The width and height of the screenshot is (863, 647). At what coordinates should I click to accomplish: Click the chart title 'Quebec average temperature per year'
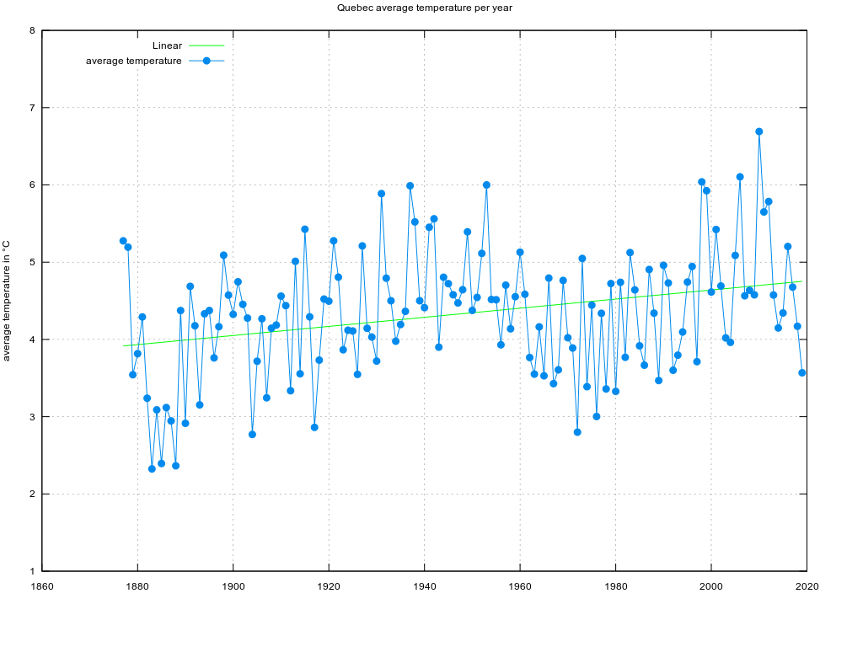tap(424, 8)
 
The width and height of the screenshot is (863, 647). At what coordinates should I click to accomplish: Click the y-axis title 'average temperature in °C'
tap(7, 301)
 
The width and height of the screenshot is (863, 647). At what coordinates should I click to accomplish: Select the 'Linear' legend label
tap(167, 45)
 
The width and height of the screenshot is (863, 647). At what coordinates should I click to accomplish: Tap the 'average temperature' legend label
tap(133, 61)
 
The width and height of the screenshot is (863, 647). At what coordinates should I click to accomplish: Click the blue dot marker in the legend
tap(206, 61)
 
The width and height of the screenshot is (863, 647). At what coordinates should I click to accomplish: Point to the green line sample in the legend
tap(206, 45)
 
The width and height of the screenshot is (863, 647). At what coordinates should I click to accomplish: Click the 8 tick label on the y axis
tap(32, 31)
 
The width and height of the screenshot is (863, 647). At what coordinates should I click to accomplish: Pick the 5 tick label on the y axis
tap(32, 263)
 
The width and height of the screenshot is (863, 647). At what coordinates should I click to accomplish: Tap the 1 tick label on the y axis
tap(32, 571)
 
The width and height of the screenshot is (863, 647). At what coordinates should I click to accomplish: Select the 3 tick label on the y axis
tap(32, 417)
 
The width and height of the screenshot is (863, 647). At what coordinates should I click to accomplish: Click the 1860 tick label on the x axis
tap(42, 586)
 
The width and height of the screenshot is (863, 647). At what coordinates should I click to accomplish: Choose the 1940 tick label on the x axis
tap(424, 586)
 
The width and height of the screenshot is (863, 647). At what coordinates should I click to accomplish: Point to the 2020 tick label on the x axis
tap(807, 586)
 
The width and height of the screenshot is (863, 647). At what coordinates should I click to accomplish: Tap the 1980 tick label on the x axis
tap(615, 586)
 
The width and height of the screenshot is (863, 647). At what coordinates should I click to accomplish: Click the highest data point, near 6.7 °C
tap(759, 131)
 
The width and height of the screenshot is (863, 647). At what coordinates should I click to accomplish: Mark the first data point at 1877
tap(123, 241)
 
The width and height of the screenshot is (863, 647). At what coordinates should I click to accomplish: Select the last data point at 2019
tap(802, 372)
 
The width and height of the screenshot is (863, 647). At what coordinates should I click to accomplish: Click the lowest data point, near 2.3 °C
tap(152, 468)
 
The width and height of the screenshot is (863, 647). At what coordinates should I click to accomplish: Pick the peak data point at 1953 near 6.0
tap(486, 184)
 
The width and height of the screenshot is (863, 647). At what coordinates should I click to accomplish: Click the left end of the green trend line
tap(124, 345)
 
